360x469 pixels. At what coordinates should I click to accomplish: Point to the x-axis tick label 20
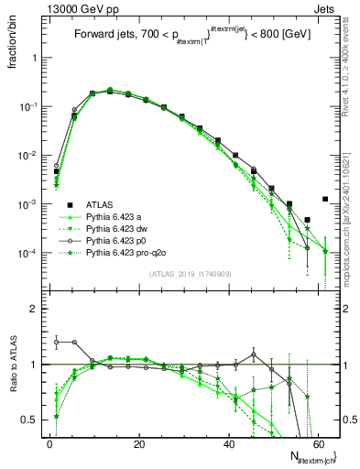(x=138, y=443)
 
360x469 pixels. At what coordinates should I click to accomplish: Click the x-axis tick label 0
(x=49, y=443)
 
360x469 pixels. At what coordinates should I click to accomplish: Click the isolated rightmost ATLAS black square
(x=325, y=199)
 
